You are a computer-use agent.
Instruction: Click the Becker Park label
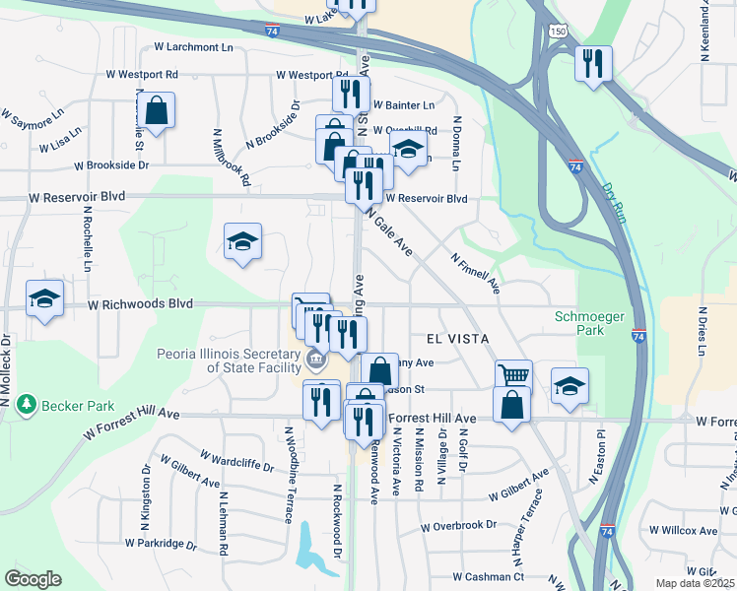pyautogui.click(x=78, y=405)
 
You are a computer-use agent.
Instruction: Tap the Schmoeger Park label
pyautogui.click(x=591, y=323)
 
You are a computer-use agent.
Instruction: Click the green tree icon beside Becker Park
pyautogui.click(x=27, y=405)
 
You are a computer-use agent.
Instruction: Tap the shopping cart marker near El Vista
pyautogui.click(x=513, y=375)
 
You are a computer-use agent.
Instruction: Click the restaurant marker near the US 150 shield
pyautogui.click(x=593, y=62)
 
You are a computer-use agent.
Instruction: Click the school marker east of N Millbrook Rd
pyautogui.click(x=241, y=241)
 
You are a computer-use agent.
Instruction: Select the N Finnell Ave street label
pyautogui.click(x=476, y=273)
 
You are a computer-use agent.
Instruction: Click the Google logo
pyautogui.click(x=33, y=579)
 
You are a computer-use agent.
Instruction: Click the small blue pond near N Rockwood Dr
pyautogui.click(x=307, y=552)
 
